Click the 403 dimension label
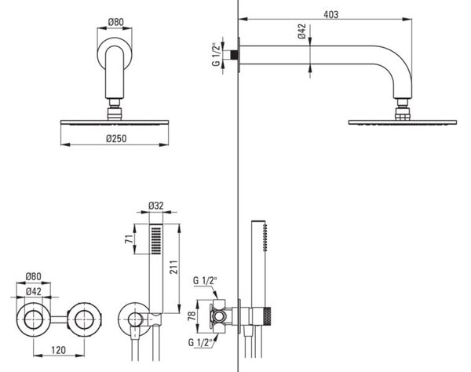coord(330,14)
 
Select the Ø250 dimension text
coord(116,138)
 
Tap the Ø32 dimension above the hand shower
coord(156,206)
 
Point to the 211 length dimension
coord(173,267)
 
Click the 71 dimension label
coord(130,239)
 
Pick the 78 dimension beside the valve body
coord(192,316)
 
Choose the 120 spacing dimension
coord(58,350)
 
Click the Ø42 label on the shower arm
coord(302,31)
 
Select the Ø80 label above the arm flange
coord(115,22)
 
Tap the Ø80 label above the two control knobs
coord(33,276)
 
